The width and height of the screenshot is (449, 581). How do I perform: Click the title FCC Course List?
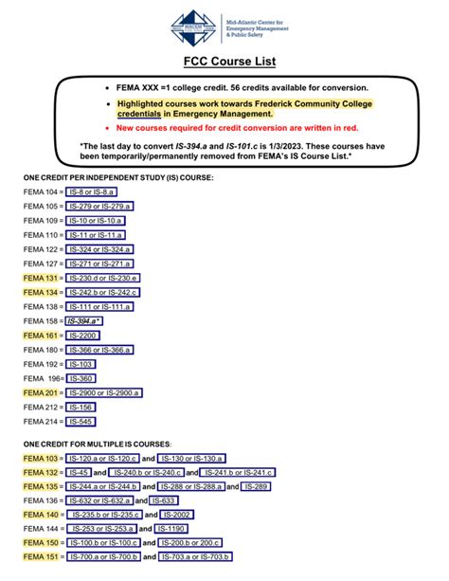(224, 64)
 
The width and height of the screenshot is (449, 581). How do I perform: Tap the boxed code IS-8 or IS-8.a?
(92, 191)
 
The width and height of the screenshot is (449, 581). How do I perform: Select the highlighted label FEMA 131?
(40, 278)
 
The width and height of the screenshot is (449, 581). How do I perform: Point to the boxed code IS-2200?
(82, 336)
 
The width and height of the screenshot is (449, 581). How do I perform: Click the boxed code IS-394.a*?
(85, 321)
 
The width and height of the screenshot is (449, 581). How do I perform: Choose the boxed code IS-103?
(81, 364)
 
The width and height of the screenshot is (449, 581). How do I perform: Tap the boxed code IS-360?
(81, 378)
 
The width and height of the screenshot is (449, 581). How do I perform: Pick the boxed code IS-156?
(81, 407)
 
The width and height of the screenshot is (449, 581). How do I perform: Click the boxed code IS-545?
(81, 421)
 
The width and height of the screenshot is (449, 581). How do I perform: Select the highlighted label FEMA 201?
(40, 392)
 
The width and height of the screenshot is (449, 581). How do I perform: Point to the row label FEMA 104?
(40, 191)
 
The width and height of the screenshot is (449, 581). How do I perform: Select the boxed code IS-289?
(255, 486)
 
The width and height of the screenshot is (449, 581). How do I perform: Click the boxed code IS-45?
(80, 472)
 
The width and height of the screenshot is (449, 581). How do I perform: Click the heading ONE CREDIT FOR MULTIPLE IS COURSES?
(98, 444)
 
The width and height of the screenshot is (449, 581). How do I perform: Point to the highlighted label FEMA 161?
(40, 336)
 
